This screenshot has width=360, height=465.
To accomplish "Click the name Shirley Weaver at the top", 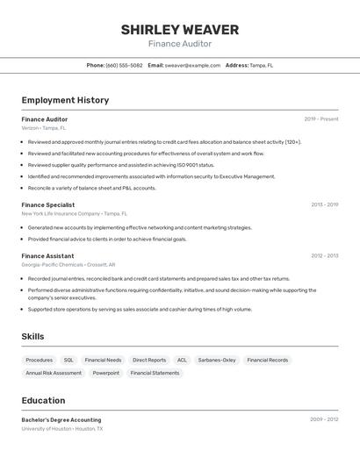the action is click(179, 30).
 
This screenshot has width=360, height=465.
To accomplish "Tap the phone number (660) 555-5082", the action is click(124, 65).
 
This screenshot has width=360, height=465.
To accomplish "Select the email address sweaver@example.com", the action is click(192, 65).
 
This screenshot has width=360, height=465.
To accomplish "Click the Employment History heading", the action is click(65, 100).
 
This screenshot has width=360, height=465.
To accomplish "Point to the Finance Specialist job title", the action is click(48, 204).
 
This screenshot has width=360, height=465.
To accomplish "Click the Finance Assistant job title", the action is click(47, 255).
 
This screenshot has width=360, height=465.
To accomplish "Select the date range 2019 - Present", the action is click(320, 118).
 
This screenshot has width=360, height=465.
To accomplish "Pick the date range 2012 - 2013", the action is click(324, 255).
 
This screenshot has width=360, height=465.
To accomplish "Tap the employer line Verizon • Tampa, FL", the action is click(44, 128).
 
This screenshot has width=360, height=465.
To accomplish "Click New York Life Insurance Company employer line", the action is click(75, 213).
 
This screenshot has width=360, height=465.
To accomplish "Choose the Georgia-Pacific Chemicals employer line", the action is click(68, 264).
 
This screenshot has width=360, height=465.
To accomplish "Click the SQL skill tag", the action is click(68, 360).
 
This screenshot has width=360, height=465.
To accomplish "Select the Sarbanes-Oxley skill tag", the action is click(217, 360).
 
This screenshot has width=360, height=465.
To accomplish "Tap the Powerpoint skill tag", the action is click(106, 373).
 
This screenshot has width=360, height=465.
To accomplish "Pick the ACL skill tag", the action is click(182, 360).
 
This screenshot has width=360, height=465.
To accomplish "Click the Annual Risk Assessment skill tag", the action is click(54, 373).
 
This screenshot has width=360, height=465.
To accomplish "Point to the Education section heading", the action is click(43, 400).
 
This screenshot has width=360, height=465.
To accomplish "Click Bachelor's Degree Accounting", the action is click(61, 419).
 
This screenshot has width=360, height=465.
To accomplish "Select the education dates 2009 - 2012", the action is click(324, 419).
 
